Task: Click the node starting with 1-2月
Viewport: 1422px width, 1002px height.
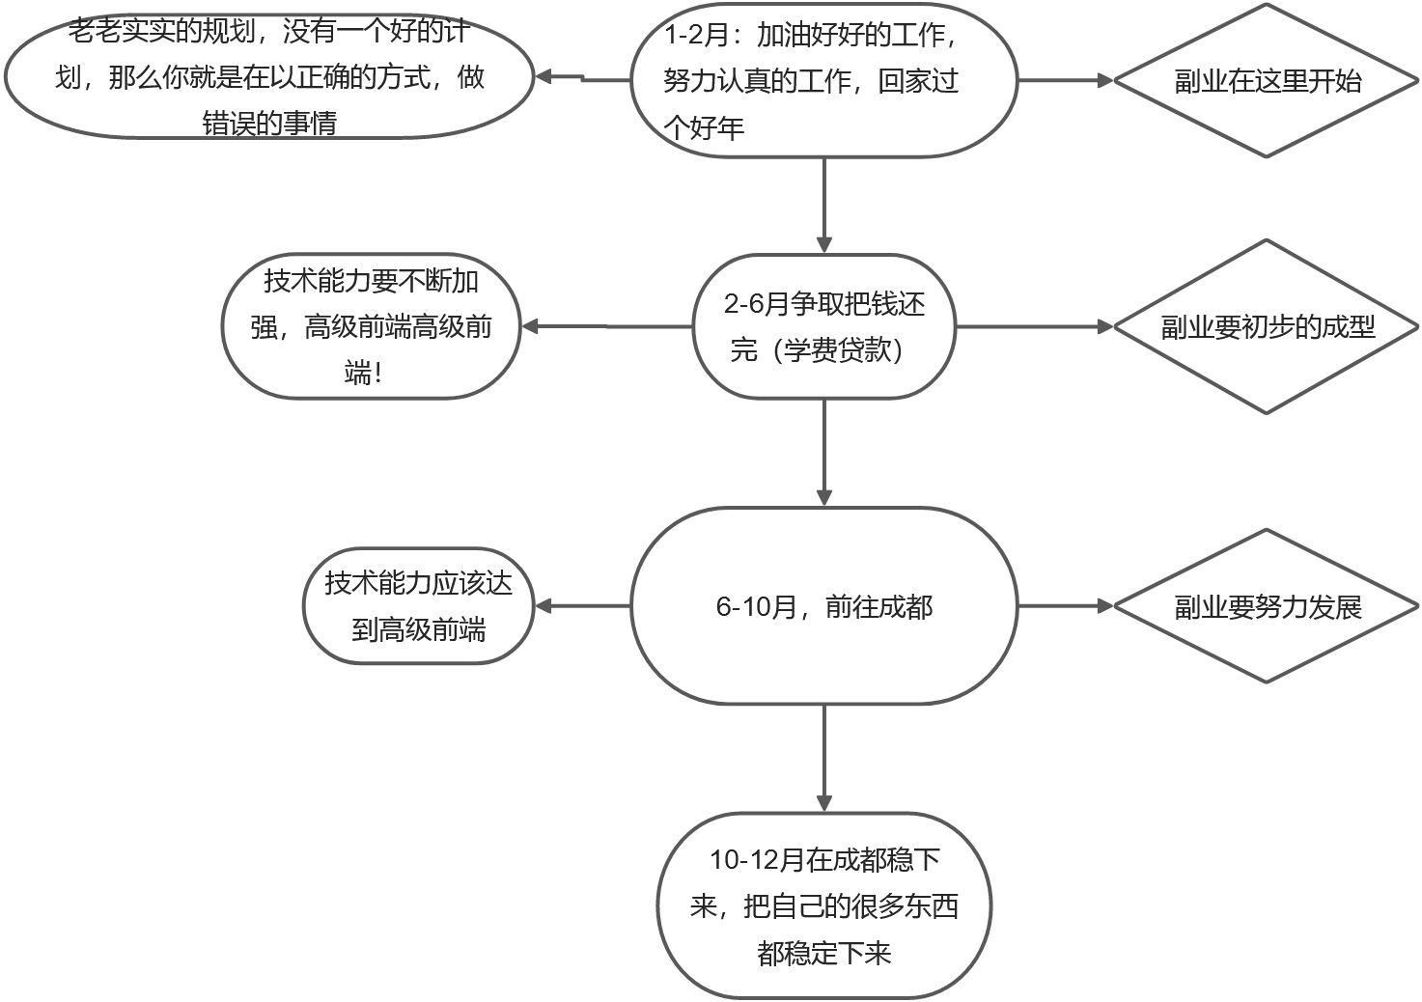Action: point(823,80)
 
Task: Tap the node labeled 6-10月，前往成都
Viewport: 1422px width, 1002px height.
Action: point(823,606)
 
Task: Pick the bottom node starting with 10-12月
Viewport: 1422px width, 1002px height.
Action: point(823,905)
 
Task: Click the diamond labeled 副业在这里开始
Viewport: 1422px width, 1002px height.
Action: point(1266,80)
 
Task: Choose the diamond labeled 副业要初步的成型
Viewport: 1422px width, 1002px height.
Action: point(1266,326)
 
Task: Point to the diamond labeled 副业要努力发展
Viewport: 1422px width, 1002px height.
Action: point(1266,606)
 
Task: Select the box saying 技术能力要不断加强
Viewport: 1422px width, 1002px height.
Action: point(371,326)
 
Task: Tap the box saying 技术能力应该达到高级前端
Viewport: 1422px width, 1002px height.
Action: point(418,606)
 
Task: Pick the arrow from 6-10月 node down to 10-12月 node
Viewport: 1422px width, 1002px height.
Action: point(823,758)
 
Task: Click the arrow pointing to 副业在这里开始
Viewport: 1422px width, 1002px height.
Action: point(1066,80)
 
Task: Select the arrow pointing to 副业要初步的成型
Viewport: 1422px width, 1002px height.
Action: point(1034,326)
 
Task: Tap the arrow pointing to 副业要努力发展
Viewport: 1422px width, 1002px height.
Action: point(1066,606)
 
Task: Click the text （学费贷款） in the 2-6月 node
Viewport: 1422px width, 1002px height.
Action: point(817,349)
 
